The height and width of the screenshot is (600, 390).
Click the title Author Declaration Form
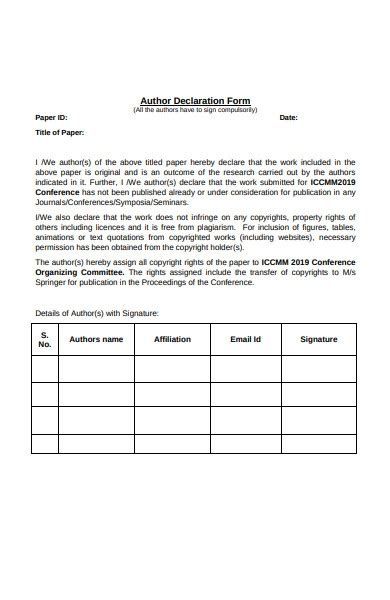(x=195, y=101)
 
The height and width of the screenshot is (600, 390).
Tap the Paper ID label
(x=51, y=118)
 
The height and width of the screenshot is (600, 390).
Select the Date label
(x=288, y=118)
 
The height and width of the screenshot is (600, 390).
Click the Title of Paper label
(x=60, y=132)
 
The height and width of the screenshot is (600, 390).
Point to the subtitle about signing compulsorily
(x=195, y=110)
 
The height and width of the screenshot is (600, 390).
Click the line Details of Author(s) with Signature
(x=97, y=313)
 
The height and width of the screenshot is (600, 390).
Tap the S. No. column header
(x=44, y=340)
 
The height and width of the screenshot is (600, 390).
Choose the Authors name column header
(x=96, y=340)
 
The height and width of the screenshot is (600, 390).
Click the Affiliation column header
(x=172, y=340)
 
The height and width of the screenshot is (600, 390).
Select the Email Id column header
(x=245, y=340)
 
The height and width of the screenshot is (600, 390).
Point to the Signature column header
(x=319, y=340)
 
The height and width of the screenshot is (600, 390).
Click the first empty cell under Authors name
(x=96, y=369)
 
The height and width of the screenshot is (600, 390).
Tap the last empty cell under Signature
(x=319, y=447)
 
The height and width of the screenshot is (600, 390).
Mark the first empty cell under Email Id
(x=245, y=369)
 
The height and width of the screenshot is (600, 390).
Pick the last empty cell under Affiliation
(x=172, y=447)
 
